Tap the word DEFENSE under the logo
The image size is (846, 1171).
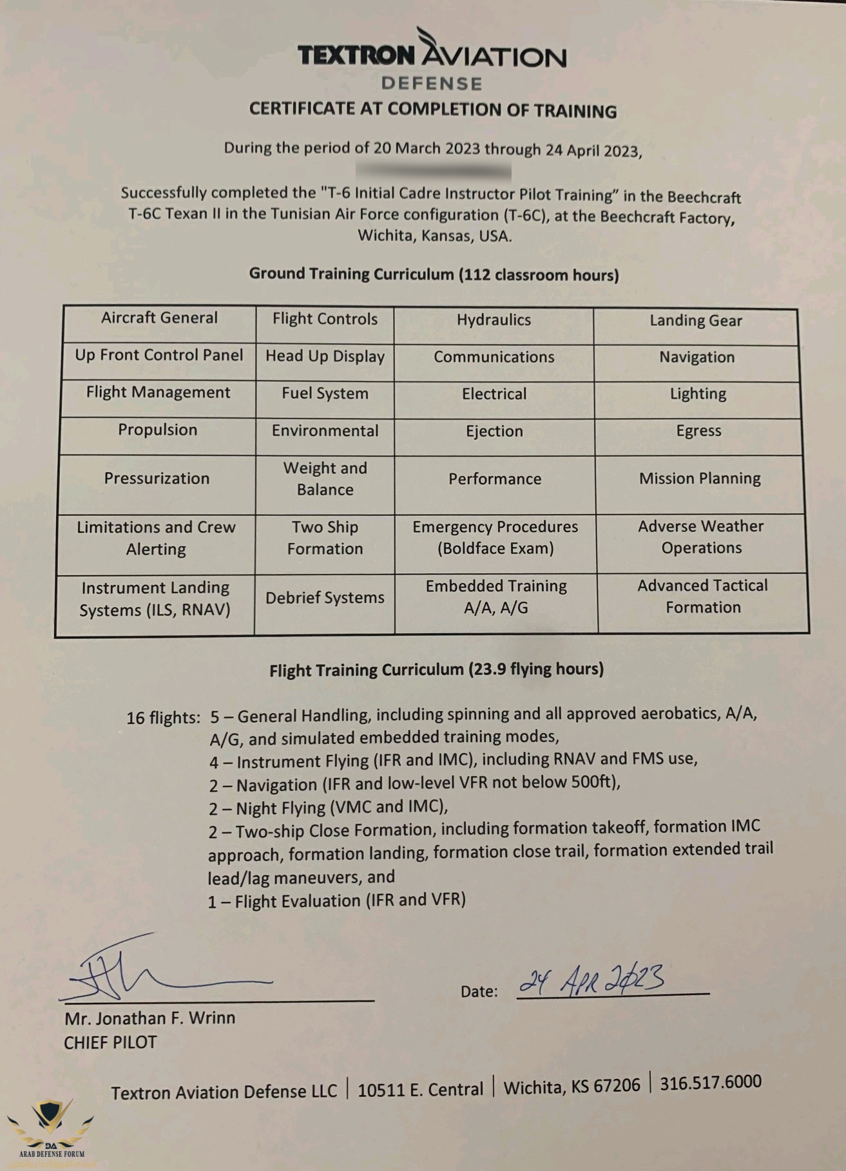(432, 84)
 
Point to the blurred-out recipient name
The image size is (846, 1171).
(433, 171)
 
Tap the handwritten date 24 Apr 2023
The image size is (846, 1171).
(593, 981)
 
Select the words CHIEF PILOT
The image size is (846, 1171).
(110, 1043)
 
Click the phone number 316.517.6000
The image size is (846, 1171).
(710, 1082)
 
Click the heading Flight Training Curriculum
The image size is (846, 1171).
(436, 670)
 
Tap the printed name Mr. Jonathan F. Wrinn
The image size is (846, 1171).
(149, 1018)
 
